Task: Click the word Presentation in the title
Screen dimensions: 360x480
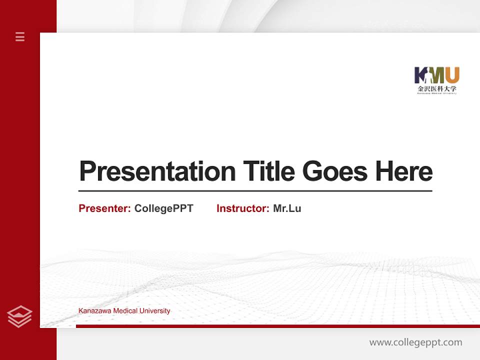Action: pos(157,171)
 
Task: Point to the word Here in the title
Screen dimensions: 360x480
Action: pos(404,171)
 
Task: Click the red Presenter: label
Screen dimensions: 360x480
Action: pos(104,208)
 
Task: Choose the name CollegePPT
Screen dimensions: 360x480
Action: pos(163,208)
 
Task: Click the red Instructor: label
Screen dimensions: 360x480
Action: pos(242,208)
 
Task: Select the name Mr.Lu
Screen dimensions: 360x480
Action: pos(287,208)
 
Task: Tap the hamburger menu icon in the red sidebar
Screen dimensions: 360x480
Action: pos(20,36)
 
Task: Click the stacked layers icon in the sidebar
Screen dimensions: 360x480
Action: pos(19,316)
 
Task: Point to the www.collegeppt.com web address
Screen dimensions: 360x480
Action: pos(415,342)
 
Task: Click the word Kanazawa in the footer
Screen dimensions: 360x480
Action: pos(94,311)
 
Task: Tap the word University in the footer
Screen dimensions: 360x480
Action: pos(155,311)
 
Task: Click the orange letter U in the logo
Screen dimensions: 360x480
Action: pos(452,75)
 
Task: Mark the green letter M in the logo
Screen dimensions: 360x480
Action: pos(436,75)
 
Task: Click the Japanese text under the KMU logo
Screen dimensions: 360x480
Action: pos(437,88)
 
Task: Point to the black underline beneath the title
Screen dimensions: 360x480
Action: pos(255,190)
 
